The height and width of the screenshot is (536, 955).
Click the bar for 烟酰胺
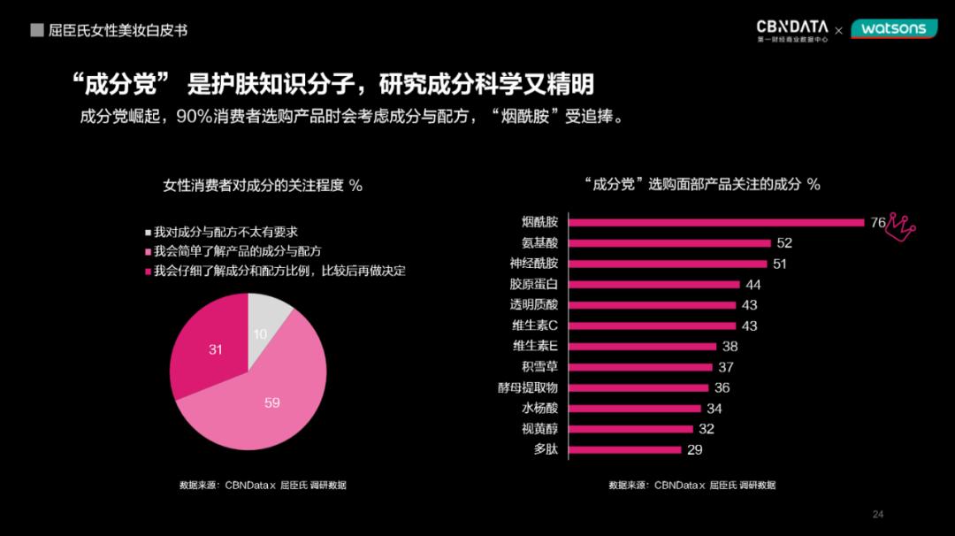tap(716, 222)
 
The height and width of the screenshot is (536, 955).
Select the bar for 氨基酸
tap(669, 243)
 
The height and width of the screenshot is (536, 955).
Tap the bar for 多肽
tap(625, 449)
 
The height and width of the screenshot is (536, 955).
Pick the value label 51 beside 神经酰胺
tap(779, 264)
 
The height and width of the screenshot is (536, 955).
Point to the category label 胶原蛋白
tap(534, 285)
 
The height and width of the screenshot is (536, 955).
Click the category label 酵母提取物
tap(528, 387)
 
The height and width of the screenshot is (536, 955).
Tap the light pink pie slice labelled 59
tap(265, 398)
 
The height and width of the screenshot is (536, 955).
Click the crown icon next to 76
tap(901, 226)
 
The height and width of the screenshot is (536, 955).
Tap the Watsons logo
tap(894, 29)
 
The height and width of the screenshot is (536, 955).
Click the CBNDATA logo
tap(792, 30)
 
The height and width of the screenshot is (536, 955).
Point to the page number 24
tap(878, 514)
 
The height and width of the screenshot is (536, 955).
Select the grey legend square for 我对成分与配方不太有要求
tap(149, 233)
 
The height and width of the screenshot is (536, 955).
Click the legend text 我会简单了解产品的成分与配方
tap(237, 252)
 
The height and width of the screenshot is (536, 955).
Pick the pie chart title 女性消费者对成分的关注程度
tap(263, 185)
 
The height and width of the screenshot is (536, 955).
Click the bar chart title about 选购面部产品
tap(702, 184)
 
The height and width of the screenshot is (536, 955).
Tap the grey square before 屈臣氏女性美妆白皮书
tap(37, 30)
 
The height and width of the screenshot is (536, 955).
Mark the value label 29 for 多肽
tap(694, 450)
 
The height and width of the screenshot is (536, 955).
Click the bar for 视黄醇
tap(630, 429)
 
